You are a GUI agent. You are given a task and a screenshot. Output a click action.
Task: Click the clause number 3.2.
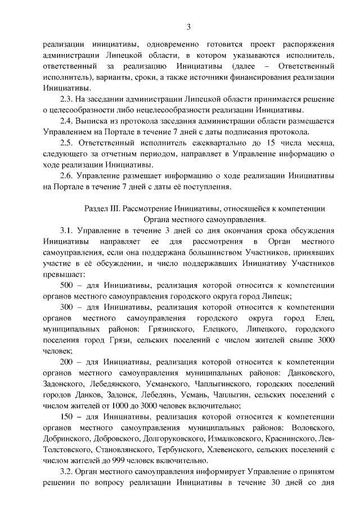pos(67,472)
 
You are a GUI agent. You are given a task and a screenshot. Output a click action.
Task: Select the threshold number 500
pos(67,285)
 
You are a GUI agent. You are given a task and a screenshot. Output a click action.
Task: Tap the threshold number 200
pos(67,362)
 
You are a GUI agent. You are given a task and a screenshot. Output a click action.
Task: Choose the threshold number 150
pos(67,417)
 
